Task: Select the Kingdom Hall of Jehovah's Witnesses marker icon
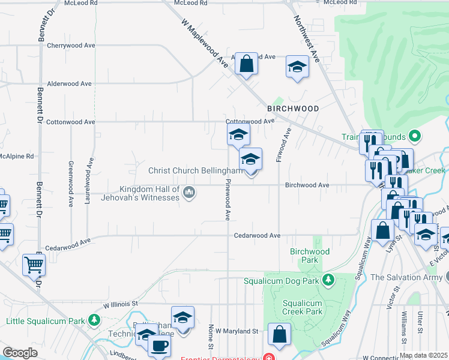coord(190,193)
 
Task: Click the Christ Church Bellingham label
coord(195,170)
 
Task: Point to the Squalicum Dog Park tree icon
coord(328,280)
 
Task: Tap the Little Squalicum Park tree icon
coord(94,320)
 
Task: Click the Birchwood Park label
coord(309,256)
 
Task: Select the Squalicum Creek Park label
coord(302,307)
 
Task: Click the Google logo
coord(20,353)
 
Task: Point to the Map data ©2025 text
coord(423,355)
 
